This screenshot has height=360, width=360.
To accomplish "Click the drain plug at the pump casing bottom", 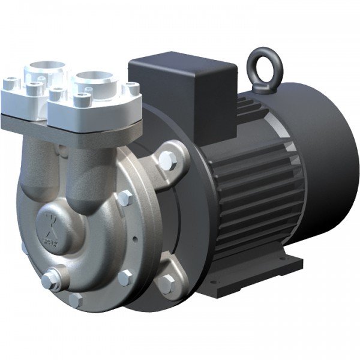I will pos(49,280).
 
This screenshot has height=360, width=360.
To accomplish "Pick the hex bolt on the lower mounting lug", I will pos(166,285).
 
